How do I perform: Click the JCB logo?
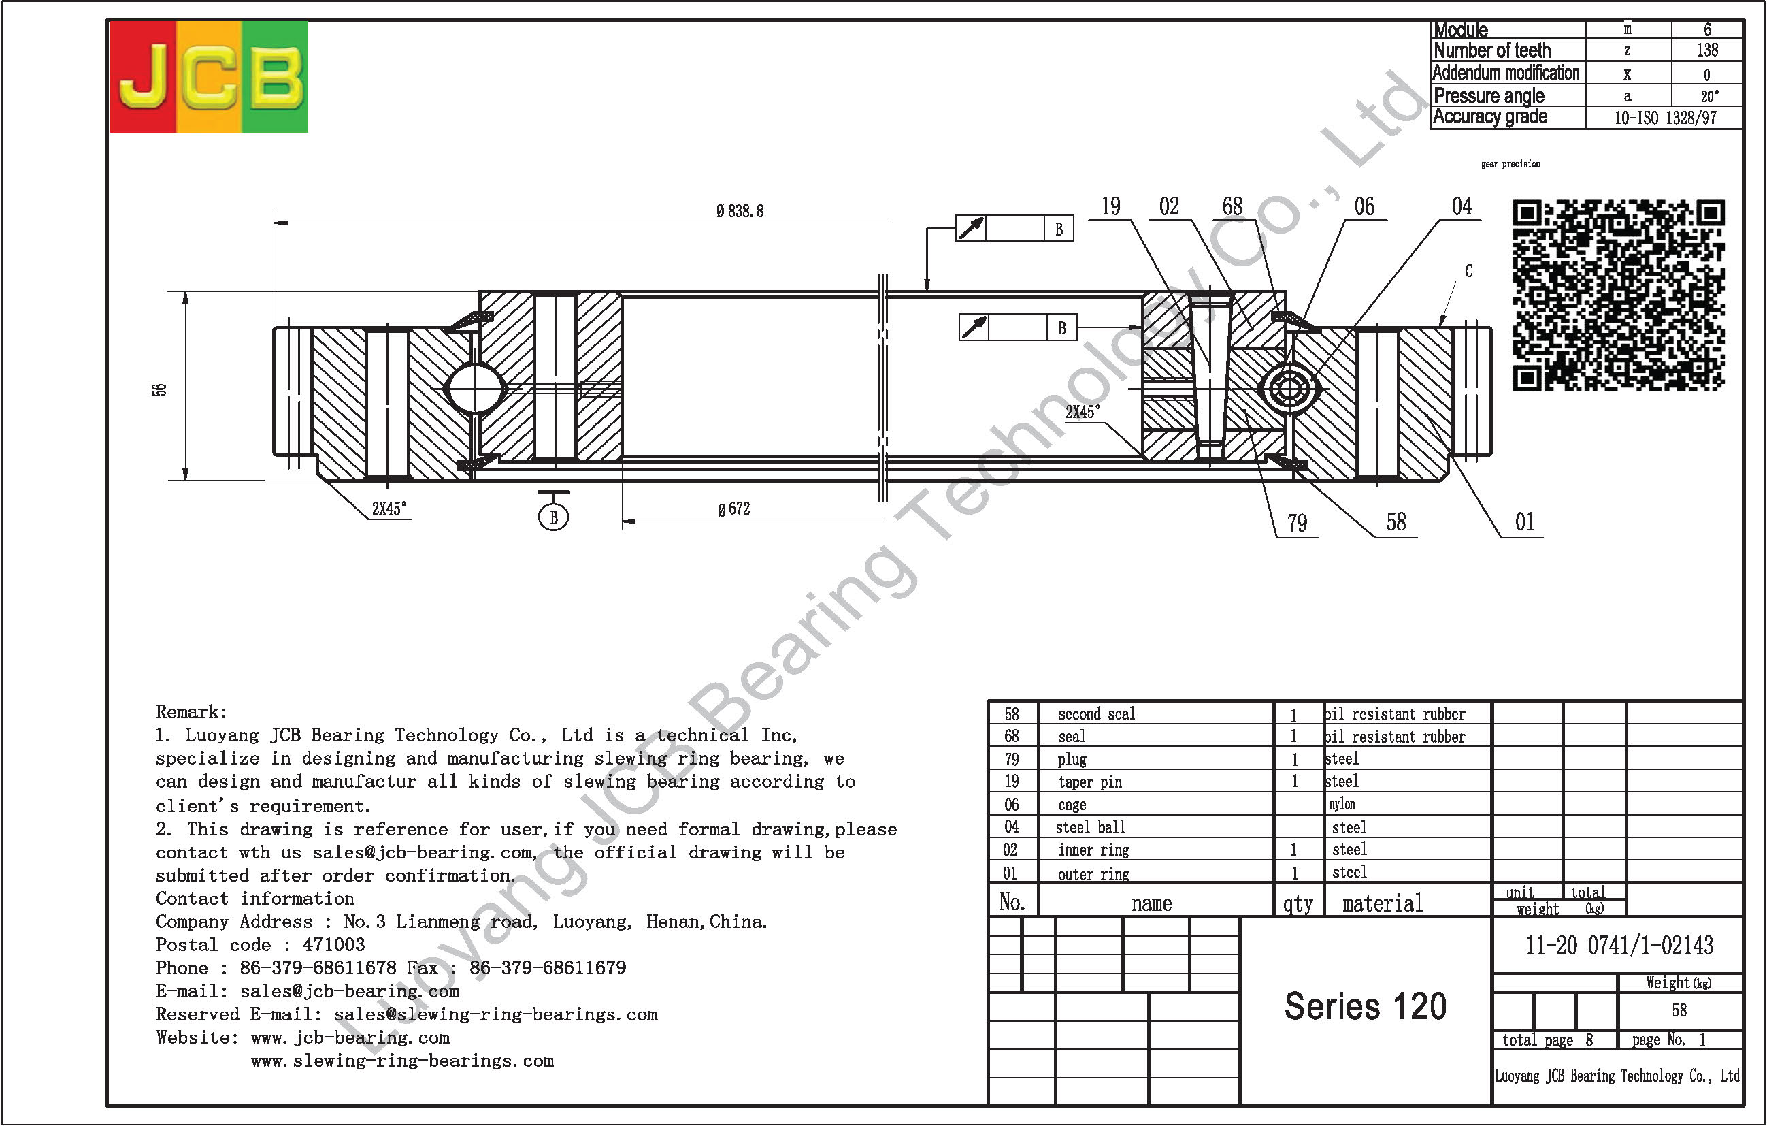coord(208,77)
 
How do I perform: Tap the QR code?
coord(1618,294)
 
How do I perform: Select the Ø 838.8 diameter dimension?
coord(740,212)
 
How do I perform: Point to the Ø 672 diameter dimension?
coord(733,509)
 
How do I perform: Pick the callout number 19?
coord(1110,207)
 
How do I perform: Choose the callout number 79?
coord(1297,524)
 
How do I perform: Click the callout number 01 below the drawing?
coord(1524,522)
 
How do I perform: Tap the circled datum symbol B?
coord(553,517)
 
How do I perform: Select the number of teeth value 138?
coord(1707,50)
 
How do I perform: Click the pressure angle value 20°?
coord(1709,96)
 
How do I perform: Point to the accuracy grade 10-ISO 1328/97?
coord(1665,118)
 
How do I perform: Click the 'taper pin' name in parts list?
coord(1090,782)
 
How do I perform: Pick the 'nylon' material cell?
coord(1342,805)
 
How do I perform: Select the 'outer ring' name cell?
coord(1093,873)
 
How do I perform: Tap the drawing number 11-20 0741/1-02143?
coord(1619,946)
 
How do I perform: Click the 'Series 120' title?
coord(1365,1006)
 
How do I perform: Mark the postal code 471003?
coord(333,945)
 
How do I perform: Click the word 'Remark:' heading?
coord(191,712)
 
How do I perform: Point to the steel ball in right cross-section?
coord(1289,387)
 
